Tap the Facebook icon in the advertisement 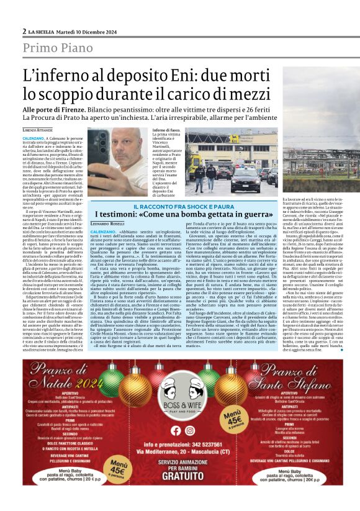(x=174, y=430)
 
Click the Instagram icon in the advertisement (x=189, y=430)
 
